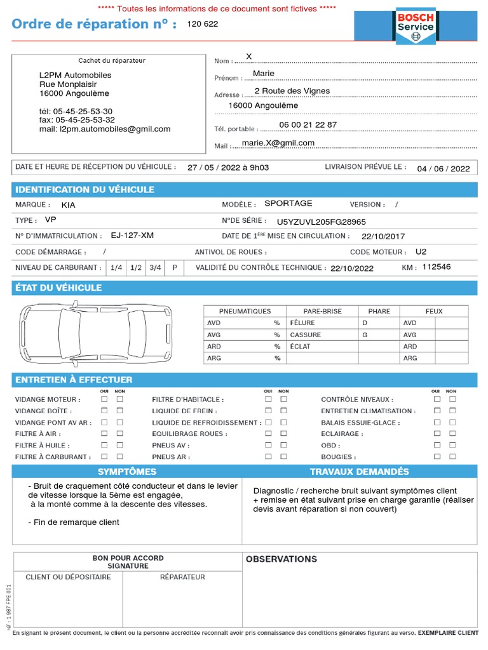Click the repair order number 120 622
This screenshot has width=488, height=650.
click(x=202, y=24)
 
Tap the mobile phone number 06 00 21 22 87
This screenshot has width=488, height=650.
click(x=308, y=124)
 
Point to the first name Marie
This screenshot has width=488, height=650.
click(x=263, y=74)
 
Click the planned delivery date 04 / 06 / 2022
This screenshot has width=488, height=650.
click(x=443, y=168)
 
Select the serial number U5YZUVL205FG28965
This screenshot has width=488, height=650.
click(x=321, y=222)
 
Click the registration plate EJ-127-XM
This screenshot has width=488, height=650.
click(x=132, y=235)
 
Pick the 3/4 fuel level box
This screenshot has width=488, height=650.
click(x=155, y=268)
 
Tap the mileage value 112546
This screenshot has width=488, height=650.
click(x=436, y=267)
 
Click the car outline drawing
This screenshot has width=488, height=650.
click(x=95, y=333)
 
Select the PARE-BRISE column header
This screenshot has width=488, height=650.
click(x=322, y=311)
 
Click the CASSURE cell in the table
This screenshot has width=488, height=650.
click(x=306, y=335)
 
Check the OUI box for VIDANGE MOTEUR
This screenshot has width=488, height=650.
click(x=104, y=399)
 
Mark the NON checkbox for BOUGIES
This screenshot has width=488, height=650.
click(x=452, y=456)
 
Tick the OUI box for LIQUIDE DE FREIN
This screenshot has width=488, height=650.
click(x=268, y=411)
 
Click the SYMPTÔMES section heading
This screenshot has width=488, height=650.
click(x=127, y=472)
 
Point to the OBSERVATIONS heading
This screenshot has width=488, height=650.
click(x=281, y=559)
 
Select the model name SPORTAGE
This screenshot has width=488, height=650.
click(x=288, y=203)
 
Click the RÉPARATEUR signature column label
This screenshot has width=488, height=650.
click(x=182, y=577)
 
